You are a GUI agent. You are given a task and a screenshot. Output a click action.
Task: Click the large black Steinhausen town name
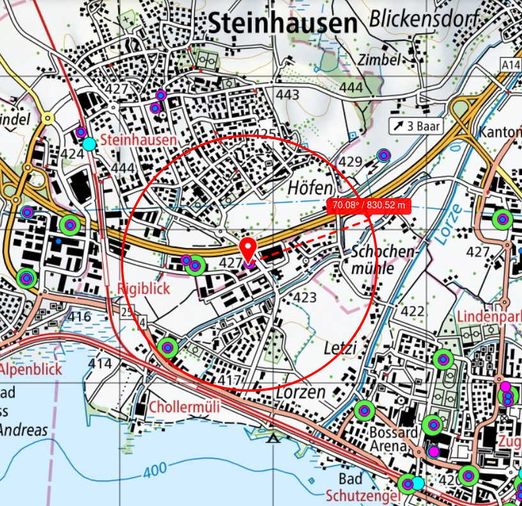coord(283,24)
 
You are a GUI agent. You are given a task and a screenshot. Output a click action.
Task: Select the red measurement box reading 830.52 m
coord(369,205)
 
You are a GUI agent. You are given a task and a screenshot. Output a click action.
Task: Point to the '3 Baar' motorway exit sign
coord(416,126)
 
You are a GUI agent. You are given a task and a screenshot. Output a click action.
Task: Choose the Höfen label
coord(311,188)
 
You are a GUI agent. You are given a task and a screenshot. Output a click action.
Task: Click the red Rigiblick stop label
coord(144,289)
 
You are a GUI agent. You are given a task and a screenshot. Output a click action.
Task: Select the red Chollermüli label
coord(184,407)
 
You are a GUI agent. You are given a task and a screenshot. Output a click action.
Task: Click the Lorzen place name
coord(300,392)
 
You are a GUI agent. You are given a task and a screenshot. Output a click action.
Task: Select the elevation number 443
coord(288,95)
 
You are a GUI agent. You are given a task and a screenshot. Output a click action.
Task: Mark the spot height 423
coord(305,297)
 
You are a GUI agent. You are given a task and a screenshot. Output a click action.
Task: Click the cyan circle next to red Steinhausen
coord(90,144)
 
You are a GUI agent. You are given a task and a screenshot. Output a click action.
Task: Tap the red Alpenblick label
coord(31,369)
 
